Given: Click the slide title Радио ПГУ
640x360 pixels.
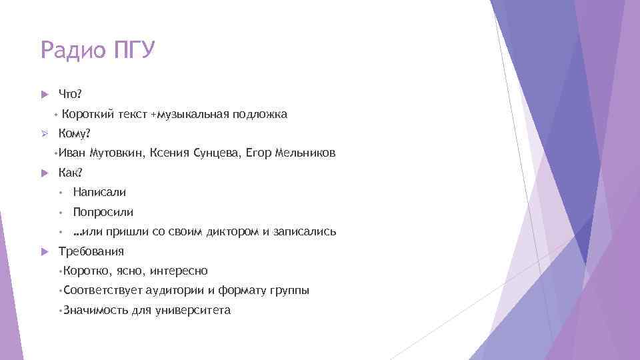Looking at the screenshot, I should pos(97,50).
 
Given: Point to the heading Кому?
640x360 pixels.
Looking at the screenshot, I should pos(74,133).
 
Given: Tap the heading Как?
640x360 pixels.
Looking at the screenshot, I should pos(71,173).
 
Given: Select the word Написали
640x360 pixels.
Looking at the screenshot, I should pos(99,192).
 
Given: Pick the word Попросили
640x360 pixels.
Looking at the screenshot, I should pos(103,212).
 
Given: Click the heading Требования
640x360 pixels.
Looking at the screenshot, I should pos(91,251).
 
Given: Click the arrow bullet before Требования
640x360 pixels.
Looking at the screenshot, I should pos(45,252).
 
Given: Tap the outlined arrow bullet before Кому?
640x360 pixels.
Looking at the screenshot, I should pos(45,133).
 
